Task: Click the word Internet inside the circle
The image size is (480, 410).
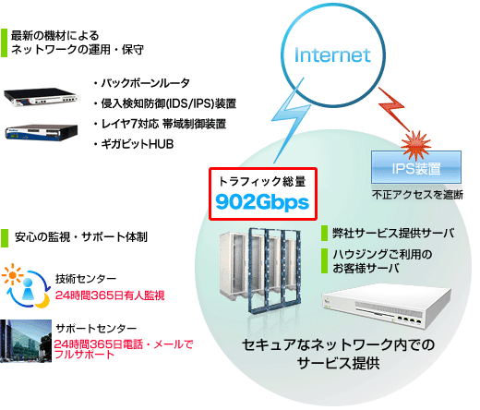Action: coord(332,55)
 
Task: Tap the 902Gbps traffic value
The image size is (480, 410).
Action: coord(262,202)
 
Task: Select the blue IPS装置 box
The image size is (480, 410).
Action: coord(416,167)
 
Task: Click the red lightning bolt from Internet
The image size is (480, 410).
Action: coord(394,108)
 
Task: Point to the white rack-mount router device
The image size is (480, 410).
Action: coord(42,97)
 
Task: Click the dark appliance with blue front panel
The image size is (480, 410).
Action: coord(42,132)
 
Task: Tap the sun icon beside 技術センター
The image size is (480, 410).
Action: coord(12,274)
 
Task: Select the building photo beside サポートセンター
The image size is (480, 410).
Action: coord(26,341)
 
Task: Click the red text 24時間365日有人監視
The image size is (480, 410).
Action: coord(110,295)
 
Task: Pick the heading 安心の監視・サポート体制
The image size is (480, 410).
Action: coord(81,237)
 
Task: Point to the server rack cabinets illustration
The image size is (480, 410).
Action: coord(260,271)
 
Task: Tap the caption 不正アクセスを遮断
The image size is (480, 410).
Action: coord(417,195)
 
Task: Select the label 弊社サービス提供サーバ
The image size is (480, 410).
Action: coord(393,233)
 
